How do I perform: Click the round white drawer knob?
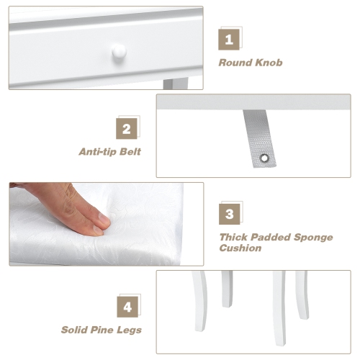coord(119,51)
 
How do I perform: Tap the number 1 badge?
coord(229,39)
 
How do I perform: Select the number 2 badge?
coord(127,129)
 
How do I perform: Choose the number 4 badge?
coord(127,307)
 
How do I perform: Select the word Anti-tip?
coord(100,152)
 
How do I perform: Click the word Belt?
coord(131,152)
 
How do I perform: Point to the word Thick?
coord(235,237)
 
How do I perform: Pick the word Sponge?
coord(312,237)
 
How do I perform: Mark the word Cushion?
coord(240,248)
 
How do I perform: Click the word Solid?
coord(76,330)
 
